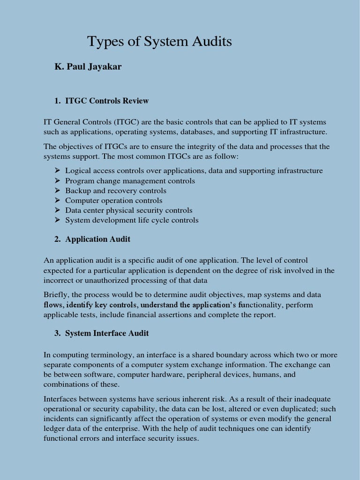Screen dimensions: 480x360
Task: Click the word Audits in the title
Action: [x=210, y=42]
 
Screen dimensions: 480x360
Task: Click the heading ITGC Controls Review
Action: [x=107, y=101]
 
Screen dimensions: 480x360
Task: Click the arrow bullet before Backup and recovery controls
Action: [x=57, y=191]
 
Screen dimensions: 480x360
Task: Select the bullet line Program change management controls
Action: [x=130, y=181]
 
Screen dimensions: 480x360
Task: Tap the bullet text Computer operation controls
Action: [x=113, y=201]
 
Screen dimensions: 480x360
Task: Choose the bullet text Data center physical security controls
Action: [x=128, y=210]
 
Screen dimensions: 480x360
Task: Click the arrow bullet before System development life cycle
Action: [x=57, y=220]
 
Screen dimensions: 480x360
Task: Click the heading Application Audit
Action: [x=97, y=239]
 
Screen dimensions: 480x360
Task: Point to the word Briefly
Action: [x=57, y=295]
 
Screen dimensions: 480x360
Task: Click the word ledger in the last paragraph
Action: [x=55, y=428]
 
